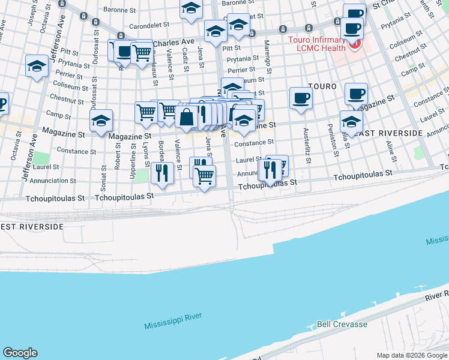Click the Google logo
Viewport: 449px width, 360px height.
coord(20,353)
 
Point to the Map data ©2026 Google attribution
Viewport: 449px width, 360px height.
coord(412,355)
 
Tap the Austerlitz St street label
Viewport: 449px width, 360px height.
coord(307,146)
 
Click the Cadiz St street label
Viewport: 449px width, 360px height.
coord(186,74)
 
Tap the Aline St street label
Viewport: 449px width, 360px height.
coord(391,151)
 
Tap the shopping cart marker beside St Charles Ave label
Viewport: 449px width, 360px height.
coord(142,52)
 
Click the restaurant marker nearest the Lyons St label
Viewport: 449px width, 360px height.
coord(162,173)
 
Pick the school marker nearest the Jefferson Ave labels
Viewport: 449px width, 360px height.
coord(37,66)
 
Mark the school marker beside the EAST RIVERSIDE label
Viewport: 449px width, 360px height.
coord(351,122)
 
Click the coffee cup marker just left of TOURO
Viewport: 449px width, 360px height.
coord(301,98)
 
